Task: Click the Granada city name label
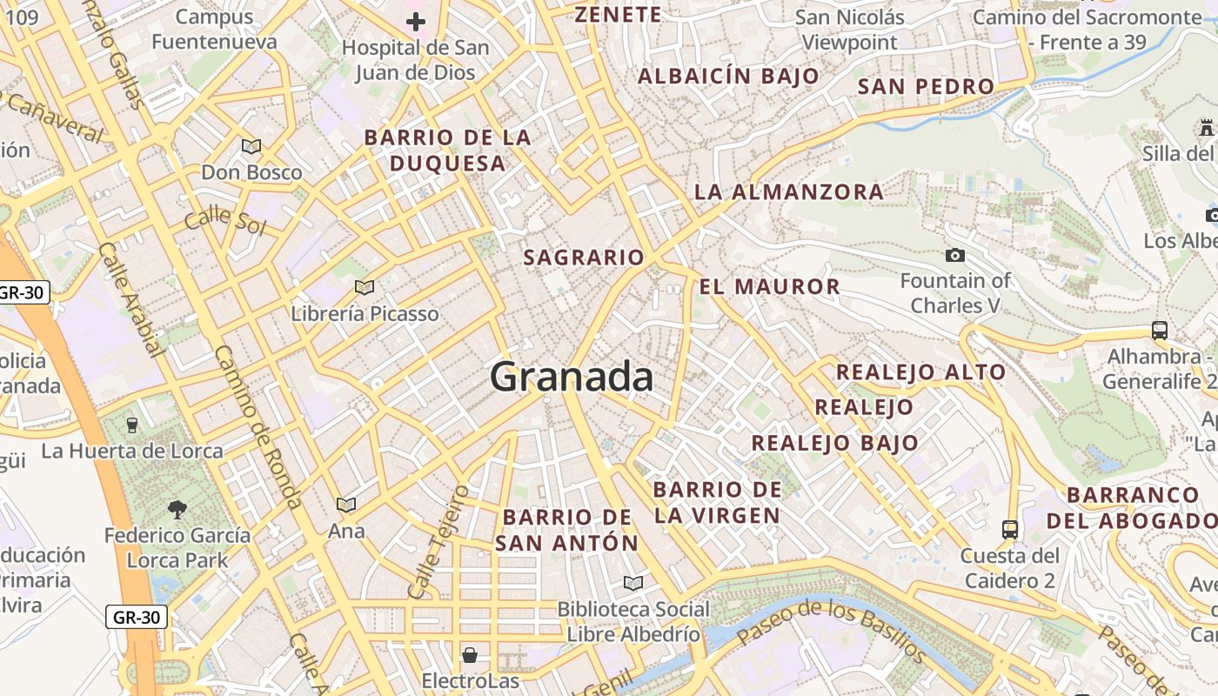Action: point(572,377)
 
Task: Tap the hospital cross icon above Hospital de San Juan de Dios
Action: point(416,22)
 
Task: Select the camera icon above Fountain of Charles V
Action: point(955,255)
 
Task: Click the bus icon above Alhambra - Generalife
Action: point(1160,331)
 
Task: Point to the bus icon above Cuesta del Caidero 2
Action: point(1010,529)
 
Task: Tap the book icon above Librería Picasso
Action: point(365,287)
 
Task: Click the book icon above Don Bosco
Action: point(251,146)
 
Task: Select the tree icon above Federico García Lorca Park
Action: point(177,509)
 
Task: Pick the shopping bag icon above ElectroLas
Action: point(470,654)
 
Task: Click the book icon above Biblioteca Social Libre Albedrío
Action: point(633,583)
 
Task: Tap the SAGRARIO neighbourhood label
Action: point(584,258)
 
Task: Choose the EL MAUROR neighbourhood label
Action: point(770,286)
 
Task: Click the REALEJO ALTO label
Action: point(920,372)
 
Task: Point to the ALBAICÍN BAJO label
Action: point(729,76)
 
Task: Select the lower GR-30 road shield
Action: point(137,618)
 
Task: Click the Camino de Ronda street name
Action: point(258,426)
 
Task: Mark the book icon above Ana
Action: point(346,505)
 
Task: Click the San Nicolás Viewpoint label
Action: point(850,30)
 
